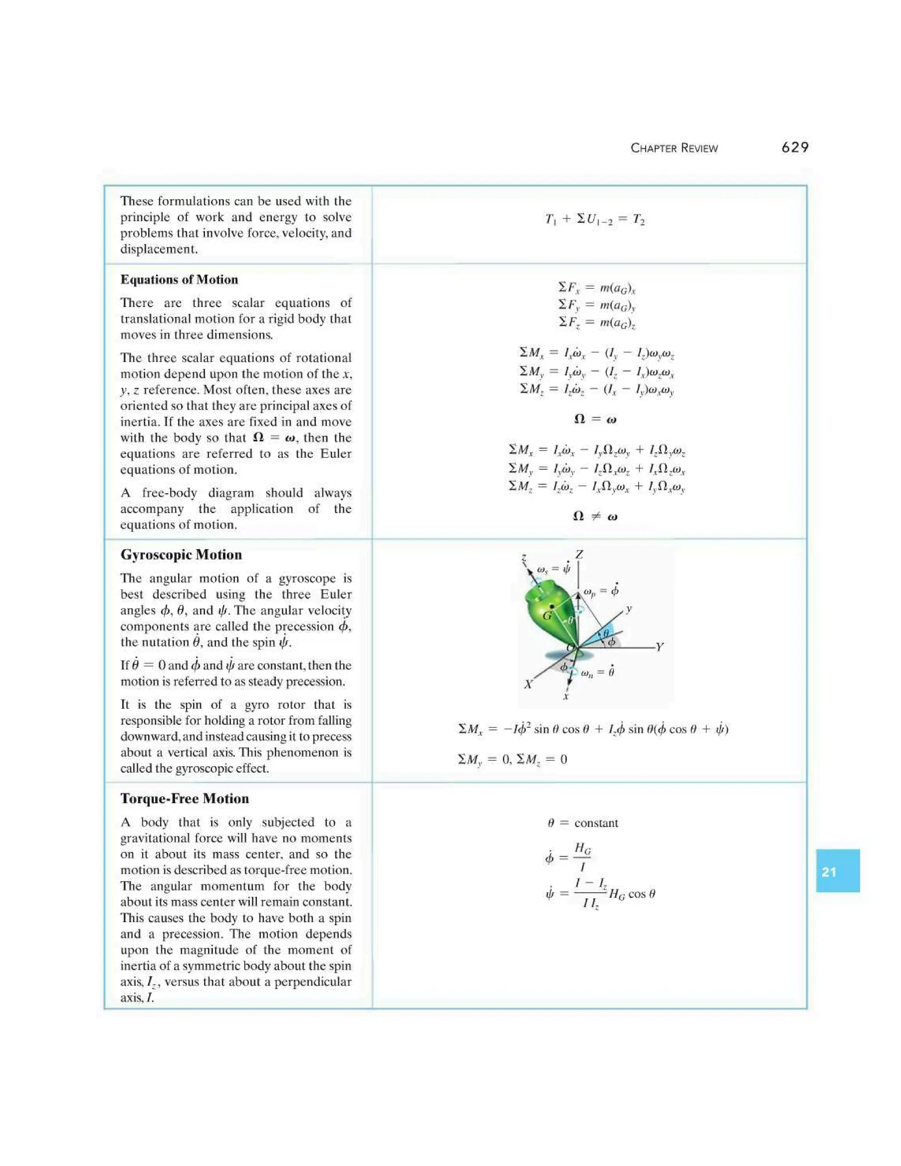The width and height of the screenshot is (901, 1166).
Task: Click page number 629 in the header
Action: click(795, 147)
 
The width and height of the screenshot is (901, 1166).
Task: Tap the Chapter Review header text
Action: click(674, 148)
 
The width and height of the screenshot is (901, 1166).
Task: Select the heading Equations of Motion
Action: click(179, 280)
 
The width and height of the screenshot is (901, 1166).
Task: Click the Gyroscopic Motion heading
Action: click(181, 555)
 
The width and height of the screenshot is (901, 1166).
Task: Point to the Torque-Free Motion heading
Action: click(185, 799)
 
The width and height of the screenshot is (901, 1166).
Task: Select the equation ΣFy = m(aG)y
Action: click(596, 305)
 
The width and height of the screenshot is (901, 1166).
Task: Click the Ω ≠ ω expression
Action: click(595, 516)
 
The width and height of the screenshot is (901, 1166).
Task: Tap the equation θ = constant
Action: click(582, 823)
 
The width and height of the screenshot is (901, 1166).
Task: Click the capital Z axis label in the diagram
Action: click(579, 555)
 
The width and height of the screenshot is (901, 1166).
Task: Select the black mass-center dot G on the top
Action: click(552, 607)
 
